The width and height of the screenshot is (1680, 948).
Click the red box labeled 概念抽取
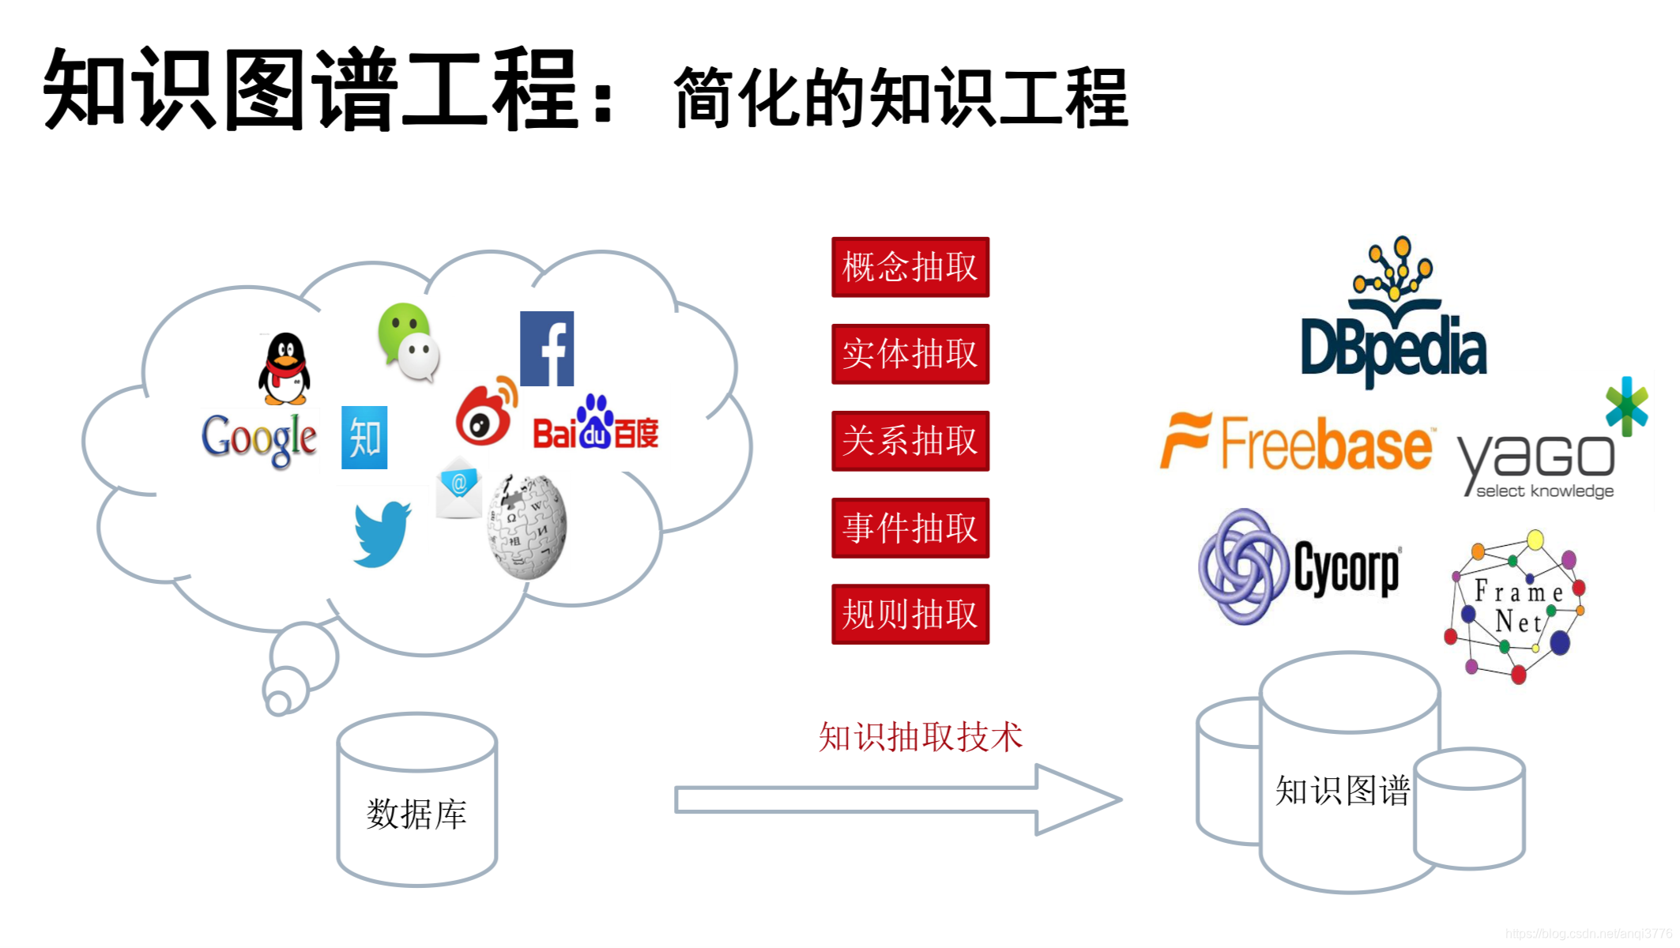tap(910, 267)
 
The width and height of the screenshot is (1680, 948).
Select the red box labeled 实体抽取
tap(910, 354)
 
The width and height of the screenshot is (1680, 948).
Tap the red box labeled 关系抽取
tap(910, 441)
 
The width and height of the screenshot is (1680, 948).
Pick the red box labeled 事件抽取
tap(910, 528)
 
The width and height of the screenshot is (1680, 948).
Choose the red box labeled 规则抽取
tap(910, 614)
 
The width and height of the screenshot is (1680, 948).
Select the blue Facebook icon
tap(547, 348)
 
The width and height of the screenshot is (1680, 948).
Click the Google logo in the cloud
tap(259, 439)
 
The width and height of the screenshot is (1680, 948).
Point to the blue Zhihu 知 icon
tap(364, 438)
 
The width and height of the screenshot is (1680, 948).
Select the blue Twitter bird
tap(382, 534)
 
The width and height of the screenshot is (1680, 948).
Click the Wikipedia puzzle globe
tap(527, 527)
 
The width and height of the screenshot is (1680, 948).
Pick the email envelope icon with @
tap(459, 489)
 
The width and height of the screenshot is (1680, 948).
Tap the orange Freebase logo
tap(1296, 442)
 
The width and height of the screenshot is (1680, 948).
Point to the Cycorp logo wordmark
tap(1347, 568)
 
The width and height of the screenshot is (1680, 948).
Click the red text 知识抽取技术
tap(920, 736)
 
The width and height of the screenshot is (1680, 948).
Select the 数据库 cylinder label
tap(416, 814)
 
